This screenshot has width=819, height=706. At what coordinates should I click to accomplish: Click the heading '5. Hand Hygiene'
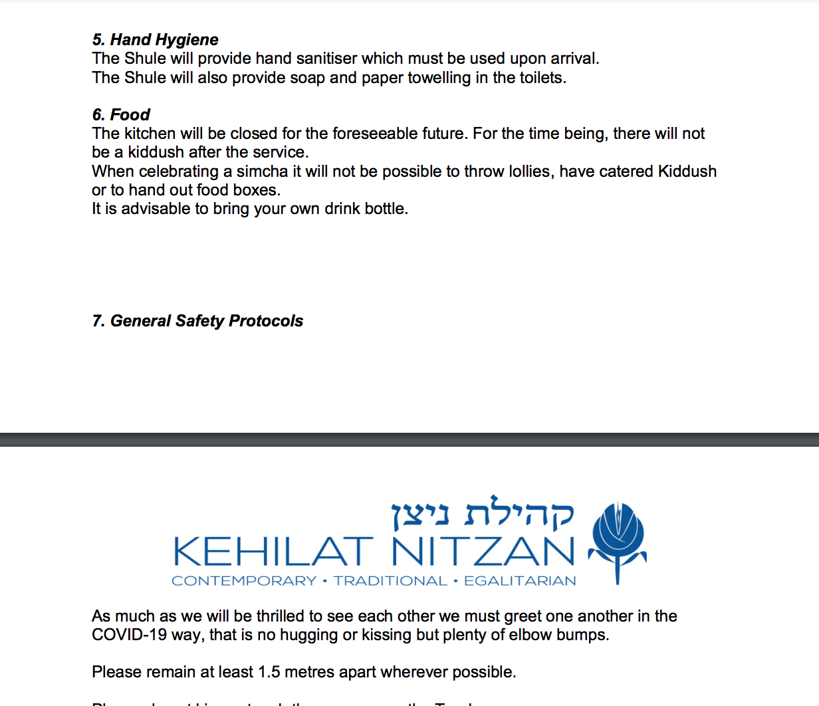(155, 40)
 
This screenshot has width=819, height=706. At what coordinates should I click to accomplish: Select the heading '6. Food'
(121, 114)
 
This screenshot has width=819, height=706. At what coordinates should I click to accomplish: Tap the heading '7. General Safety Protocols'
(197, 321)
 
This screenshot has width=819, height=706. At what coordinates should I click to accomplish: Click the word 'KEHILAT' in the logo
(273, 552)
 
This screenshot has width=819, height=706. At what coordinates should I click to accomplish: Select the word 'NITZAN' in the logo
(483, 552)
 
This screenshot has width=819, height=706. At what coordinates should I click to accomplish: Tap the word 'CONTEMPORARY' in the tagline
(244, 581)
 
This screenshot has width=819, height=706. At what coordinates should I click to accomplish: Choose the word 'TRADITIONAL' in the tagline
(390, 581)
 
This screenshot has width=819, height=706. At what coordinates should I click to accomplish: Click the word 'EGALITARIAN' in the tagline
(520, 581)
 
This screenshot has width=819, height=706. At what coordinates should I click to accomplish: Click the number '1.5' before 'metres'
(269, 672)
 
